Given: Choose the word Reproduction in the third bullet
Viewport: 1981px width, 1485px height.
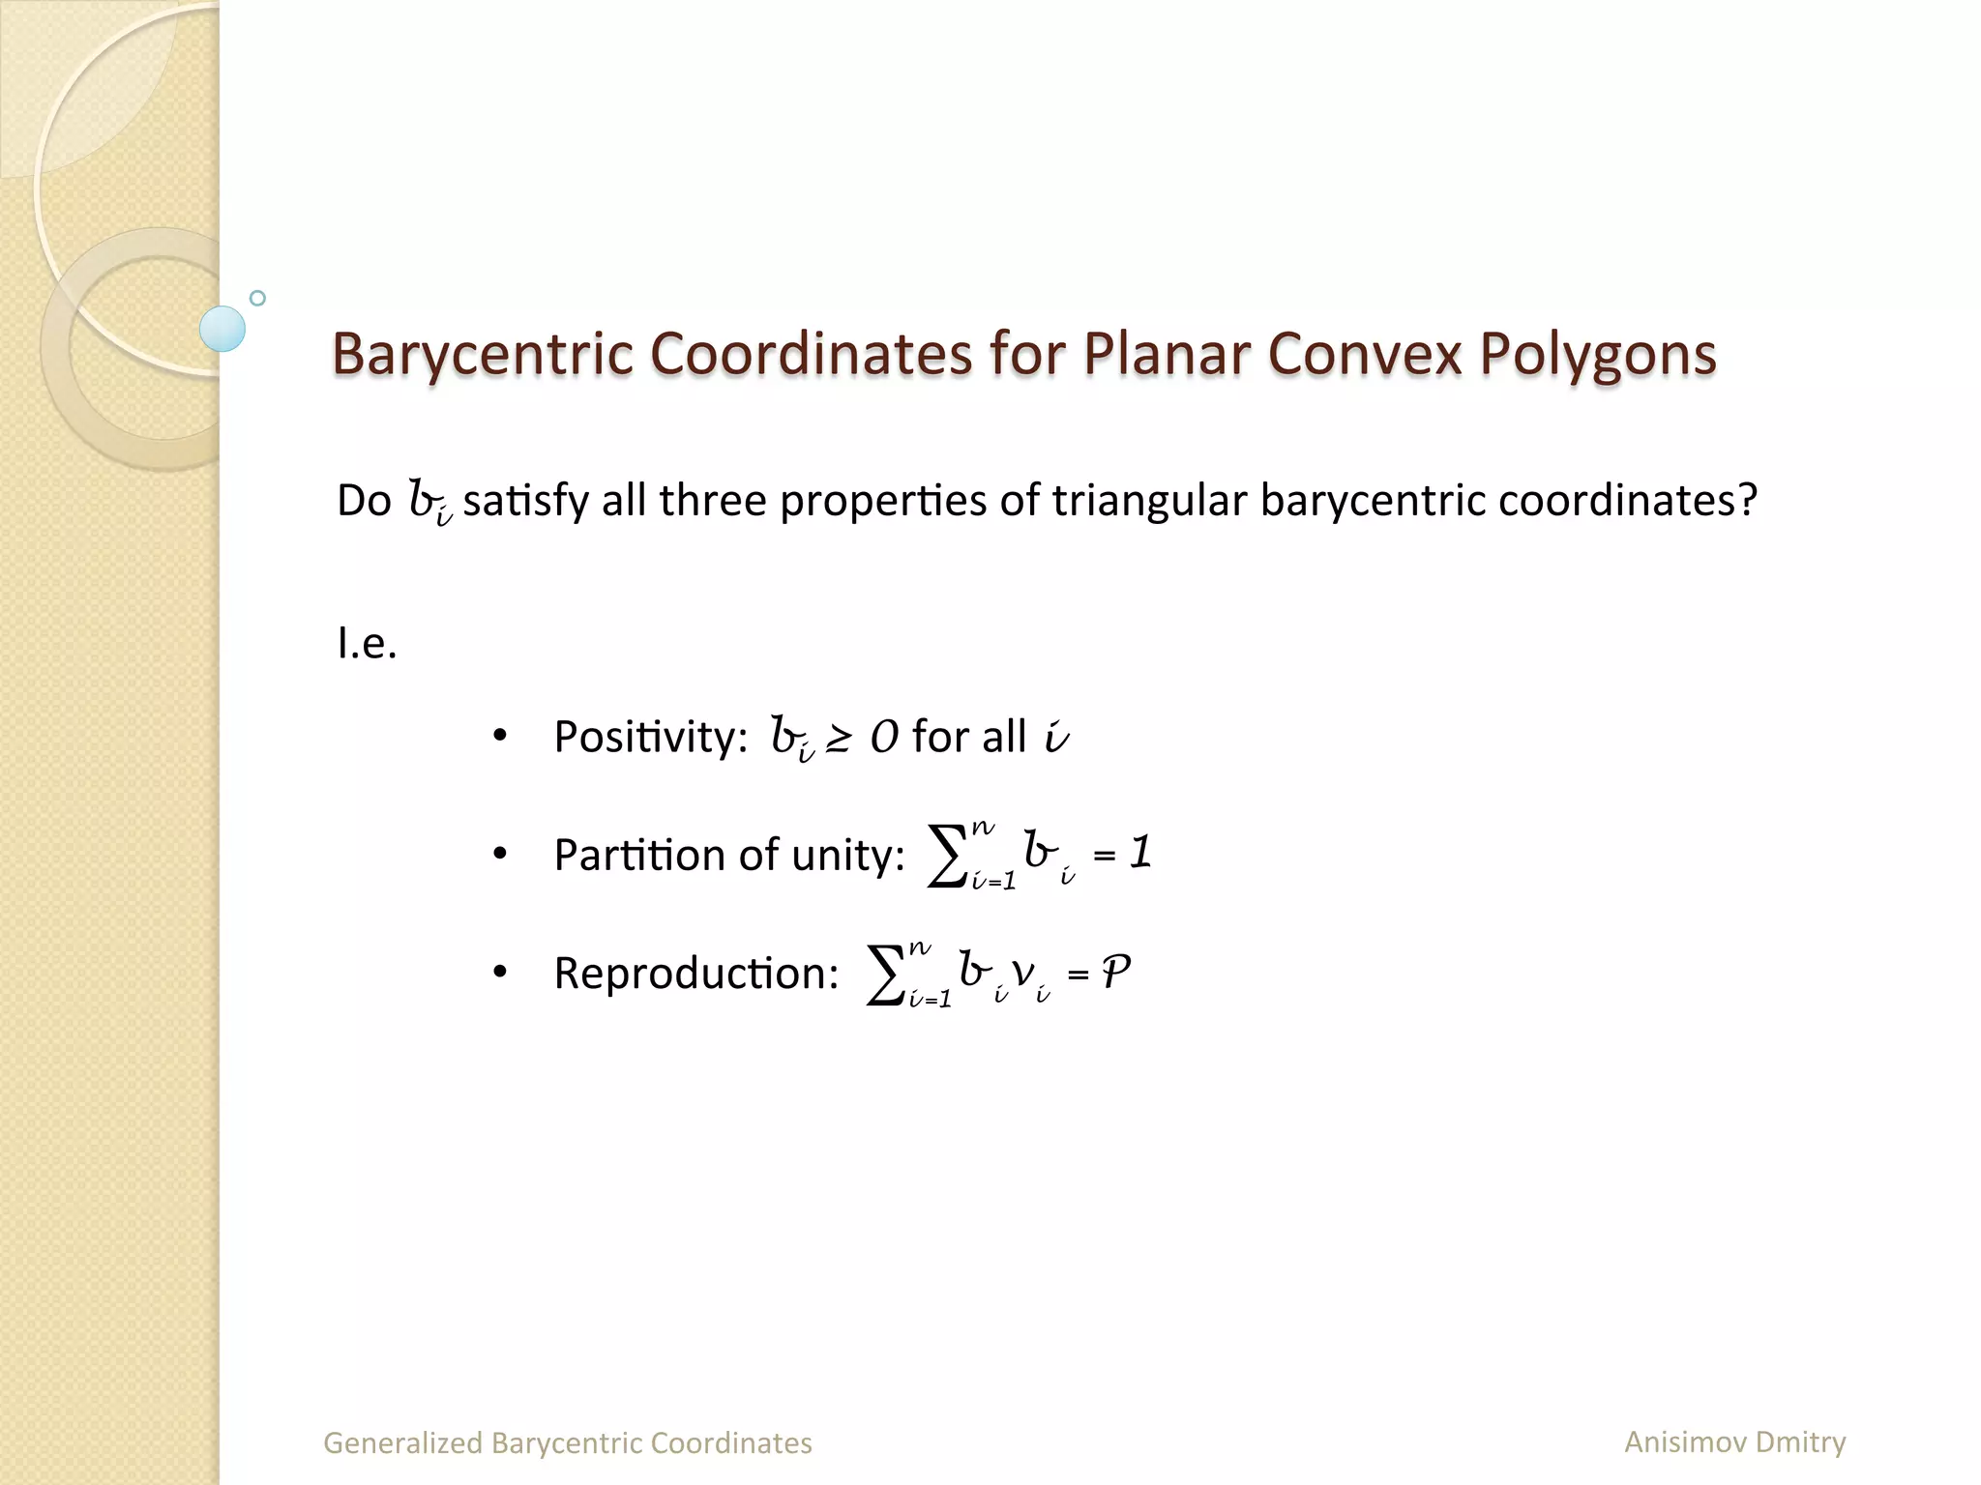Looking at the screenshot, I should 695,974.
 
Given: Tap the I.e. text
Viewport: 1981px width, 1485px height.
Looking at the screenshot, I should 367,643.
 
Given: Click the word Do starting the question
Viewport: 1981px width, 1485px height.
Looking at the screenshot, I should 364,501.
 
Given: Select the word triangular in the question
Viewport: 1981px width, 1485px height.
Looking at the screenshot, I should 1149,501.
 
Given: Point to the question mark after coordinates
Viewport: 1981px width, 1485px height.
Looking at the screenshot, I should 1747,501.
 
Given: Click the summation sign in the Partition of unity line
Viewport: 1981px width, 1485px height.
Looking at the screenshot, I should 947,856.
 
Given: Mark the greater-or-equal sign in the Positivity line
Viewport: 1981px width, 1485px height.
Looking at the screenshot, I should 838,740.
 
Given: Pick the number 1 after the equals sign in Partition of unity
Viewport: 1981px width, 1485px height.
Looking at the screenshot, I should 1141,853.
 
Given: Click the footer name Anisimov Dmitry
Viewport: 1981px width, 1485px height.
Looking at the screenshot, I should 1734,1441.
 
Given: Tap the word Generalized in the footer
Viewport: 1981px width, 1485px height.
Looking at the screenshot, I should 402,1443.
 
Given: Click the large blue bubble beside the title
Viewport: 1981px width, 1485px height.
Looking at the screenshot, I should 222,329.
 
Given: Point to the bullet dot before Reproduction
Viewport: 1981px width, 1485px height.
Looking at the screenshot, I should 499,973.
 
